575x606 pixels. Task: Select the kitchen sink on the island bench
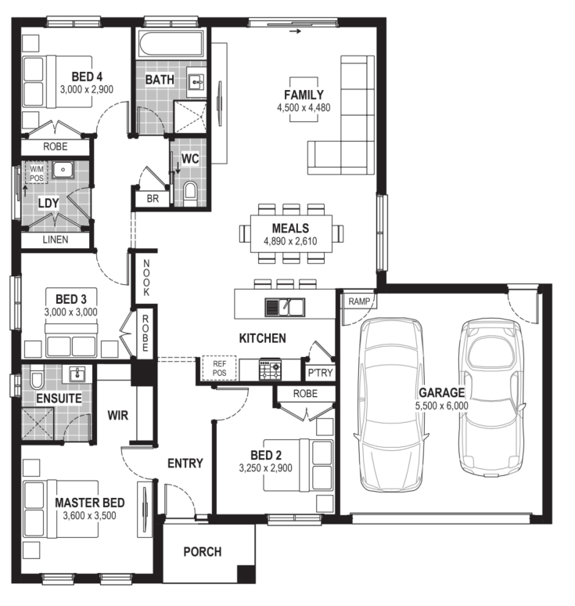click(x=285, y=307)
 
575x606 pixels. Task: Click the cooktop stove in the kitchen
click(x=270, y=369)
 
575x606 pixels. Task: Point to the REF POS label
click(x=219, y=368)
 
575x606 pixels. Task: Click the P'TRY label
click(x=320, y=373)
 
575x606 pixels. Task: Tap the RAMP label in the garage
click(x=359, y=301)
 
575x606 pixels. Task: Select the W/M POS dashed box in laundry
click(x=36, y=173)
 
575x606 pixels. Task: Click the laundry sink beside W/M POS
click(x=63, y=170)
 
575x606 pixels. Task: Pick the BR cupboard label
click(x=153, y=199)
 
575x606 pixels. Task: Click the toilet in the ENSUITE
click(x=37, y=379)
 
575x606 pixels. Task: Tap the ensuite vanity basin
click(x=77, y=374)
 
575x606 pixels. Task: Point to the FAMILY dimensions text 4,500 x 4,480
click(x=304, y=108)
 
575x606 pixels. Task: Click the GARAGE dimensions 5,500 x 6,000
click(x=442, y=406)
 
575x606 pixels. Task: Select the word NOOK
click(x=146, y=278)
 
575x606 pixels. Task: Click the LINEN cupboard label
click(x=56, y=240)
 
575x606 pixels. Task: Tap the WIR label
click(x=118, y=416)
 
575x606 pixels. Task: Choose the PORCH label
click(x=203, y=551)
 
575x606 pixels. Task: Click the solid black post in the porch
click(x=246, y=574)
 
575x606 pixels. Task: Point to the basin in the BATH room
click(x=196, y=82)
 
